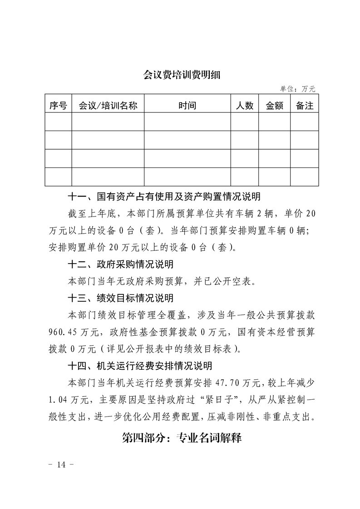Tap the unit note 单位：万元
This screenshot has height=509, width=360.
point(297,89)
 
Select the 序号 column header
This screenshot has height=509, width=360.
point(58,106)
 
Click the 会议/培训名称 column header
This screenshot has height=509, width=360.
point(108,106)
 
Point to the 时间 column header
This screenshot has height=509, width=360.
point(187,106)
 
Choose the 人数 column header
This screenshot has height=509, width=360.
point(245,106)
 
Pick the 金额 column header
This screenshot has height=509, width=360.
point(275,106)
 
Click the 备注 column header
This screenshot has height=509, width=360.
point(305,106)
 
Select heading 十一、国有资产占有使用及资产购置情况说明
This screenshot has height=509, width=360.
point(164,197)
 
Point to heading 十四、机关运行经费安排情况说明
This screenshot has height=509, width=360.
point(140,366)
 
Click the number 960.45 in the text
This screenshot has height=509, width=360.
point(62,332)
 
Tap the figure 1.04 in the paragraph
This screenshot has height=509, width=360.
point(58,399)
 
